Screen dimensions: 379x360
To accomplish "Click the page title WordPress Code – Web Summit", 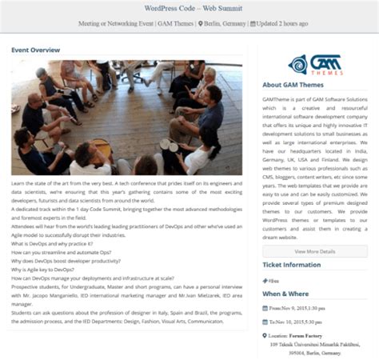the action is point(189,9).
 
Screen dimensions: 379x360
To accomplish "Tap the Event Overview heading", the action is point(35,50).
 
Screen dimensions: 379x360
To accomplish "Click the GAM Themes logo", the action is point(314,64).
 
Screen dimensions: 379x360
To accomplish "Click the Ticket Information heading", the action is point(292,265).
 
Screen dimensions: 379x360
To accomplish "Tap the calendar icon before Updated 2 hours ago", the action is point(253,24).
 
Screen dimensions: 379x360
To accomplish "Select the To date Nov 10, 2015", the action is point(301,322).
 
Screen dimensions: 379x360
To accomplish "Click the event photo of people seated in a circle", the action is point(126,117).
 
